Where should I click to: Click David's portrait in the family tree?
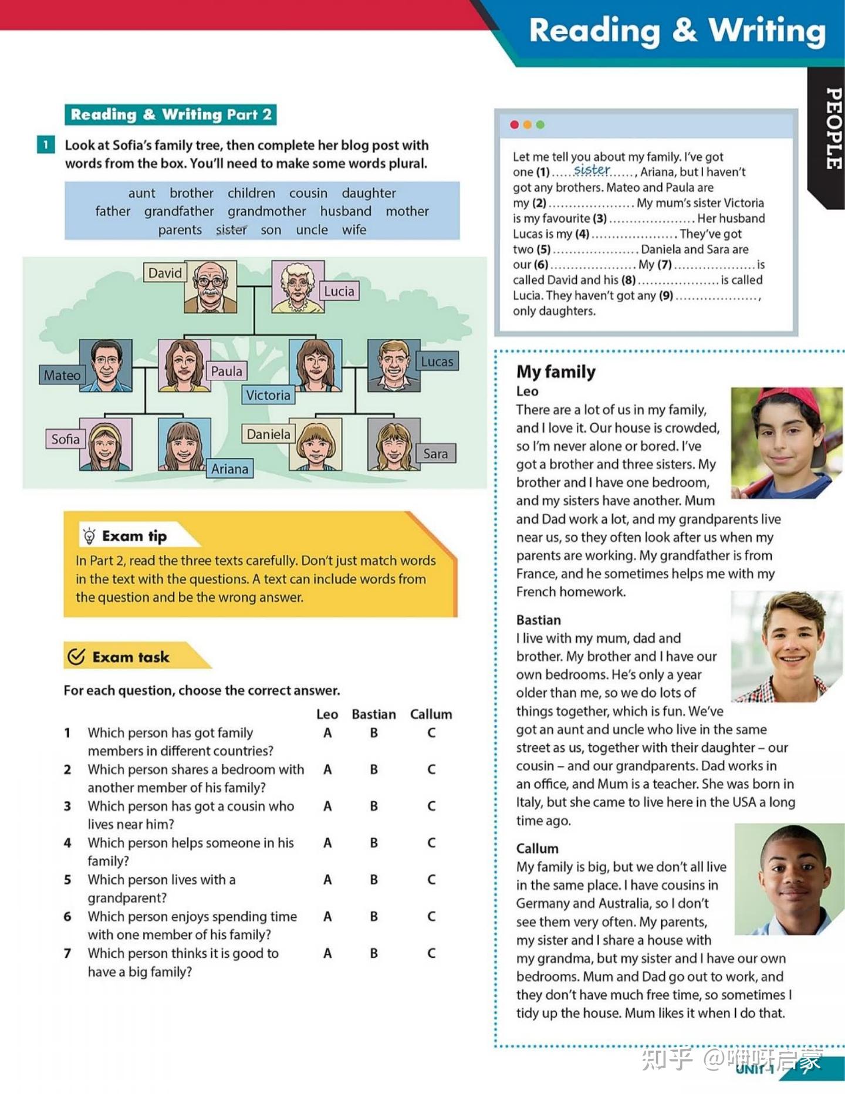(210, 286)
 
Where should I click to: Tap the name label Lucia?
(339, 291)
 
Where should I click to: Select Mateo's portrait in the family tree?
(106, 365)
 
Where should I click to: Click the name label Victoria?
(268, 395)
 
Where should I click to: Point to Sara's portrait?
(394, 444)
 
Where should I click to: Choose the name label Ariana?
(229, 469)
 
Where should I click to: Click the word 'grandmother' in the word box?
(267, 211)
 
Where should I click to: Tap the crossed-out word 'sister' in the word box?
(231, 230)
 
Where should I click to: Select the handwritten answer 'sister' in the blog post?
(591, 170)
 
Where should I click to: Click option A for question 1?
(327, 732)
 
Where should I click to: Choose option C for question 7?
(431, 953)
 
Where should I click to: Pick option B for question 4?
(374, 843)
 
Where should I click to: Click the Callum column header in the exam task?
(431, 714)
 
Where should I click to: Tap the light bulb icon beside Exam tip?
(89, 536)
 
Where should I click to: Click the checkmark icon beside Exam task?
(76, 656)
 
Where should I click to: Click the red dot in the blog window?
(515, 124)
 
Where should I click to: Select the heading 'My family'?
(556, 372)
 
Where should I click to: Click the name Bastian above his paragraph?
(538, 620)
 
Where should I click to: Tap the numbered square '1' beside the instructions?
(46, 144)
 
